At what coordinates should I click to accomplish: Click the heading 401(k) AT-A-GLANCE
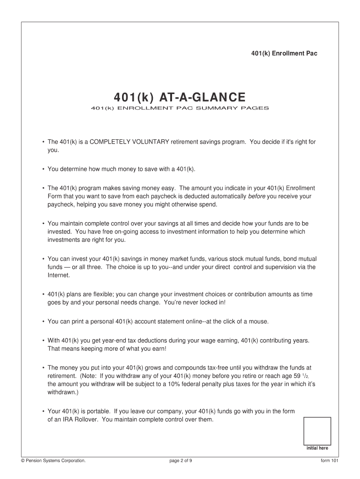click(180, 97)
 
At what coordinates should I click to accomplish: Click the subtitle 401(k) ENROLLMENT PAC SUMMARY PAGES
click(180, 109)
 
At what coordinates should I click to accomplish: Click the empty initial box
click(317, 430)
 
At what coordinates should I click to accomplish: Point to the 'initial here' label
click(317, 448)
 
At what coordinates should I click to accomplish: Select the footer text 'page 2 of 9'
click(181, 461)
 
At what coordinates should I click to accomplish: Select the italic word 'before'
click(257, 196)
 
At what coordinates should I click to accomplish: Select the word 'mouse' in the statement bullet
click(259, 321)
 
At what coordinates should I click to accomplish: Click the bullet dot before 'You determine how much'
click(43, 169)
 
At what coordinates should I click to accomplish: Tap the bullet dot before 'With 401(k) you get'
click(43, 340)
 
